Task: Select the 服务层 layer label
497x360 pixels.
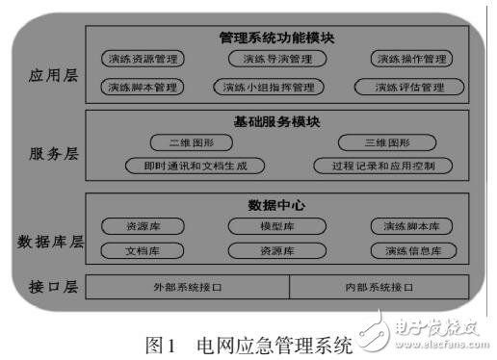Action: [46, 154]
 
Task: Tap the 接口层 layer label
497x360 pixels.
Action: [46, 287]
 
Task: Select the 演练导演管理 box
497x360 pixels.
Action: [277, 60]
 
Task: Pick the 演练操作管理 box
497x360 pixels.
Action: [412, 60]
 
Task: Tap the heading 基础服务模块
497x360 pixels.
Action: [277, 122]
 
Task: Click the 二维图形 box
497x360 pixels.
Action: [193, 142]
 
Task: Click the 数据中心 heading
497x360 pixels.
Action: [277, 206]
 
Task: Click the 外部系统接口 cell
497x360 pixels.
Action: [187, 287]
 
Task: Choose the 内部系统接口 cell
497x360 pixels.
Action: [379, 287]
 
